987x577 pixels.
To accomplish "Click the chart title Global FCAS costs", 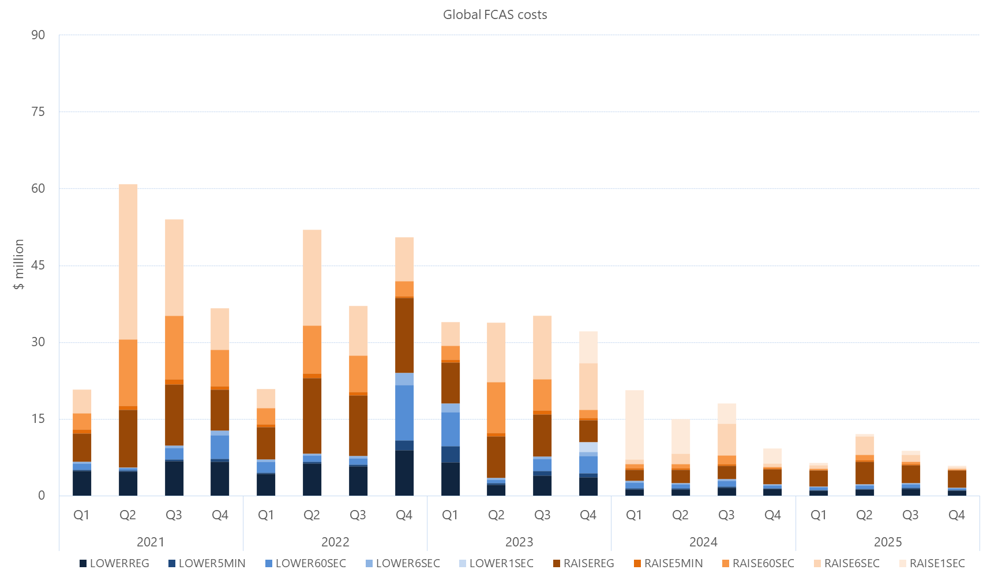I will [x=494, y=15].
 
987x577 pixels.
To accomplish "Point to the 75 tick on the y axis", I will [x=38, y=112].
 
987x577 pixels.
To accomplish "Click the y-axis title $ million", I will [x=19, y=264].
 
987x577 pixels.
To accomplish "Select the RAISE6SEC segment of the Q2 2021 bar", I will [x=128, y=262].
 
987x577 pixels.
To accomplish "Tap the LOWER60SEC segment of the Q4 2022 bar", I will [x=404, y=413].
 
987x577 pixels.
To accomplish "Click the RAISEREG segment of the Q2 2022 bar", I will [x=312, y=415].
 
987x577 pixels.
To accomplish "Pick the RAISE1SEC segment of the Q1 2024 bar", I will [x=635, y=425].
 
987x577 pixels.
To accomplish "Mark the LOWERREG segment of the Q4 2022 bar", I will [x=404, y=473].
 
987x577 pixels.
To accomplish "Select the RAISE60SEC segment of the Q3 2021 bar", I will [x=174, y=347].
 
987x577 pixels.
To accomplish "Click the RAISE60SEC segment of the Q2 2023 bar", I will [x=496, y=407].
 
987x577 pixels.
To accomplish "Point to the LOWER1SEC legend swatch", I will [x=463, y=563].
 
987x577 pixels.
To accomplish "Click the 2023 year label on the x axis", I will [x=519, y=542].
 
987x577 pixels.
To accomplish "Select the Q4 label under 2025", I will [x=956, y=515].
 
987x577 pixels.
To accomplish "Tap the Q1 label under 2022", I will [x=266, y=515].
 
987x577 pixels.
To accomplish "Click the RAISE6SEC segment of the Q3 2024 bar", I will [x=726, y=440].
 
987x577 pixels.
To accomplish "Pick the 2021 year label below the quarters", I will [x=151, y=542].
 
